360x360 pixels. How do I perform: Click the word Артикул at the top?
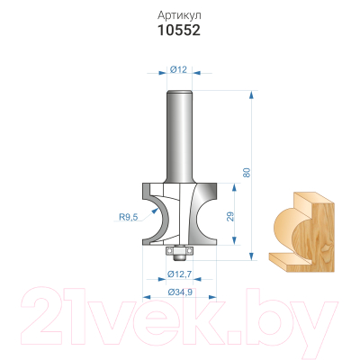pos(179,15)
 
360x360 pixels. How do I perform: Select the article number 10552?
pos(179,31)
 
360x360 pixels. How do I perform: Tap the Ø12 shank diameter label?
pos(178,69)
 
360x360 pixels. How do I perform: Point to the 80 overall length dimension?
pos(247,172)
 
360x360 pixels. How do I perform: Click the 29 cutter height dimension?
pos(230,216)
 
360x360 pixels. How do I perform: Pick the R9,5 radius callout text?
pos(129,217)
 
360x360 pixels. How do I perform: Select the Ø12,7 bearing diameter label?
pos(180,274)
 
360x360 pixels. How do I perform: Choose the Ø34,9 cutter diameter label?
pos(180,292)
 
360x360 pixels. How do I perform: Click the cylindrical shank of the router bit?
pos(179,137)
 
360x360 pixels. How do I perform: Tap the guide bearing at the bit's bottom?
pos(179,251)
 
